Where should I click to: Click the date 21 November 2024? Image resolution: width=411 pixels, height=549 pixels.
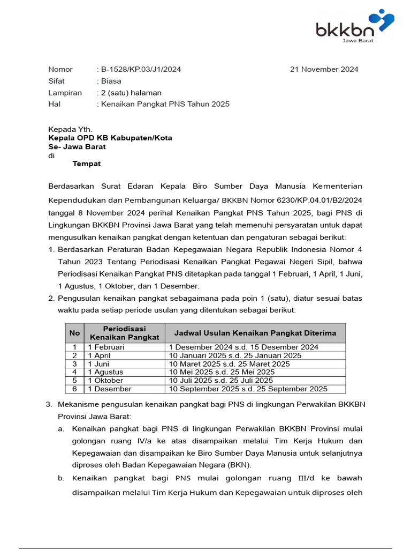[x=324, y=69]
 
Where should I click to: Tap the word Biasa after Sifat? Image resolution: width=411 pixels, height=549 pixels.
[x=111, y=81]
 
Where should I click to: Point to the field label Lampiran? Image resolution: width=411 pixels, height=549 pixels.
[x=65, y=93]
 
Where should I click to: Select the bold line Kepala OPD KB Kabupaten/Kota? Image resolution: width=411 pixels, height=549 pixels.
[x=110, y=138]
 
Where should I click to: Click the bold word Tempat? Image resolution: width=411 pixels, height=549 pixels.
[x=87, y=164]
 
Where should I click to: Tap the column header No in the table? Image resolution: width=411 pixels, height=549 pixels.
[x=74, y=333]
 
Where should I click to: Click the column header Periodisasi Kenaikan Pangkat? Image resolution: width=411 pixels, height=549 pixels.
[x=124, y=333]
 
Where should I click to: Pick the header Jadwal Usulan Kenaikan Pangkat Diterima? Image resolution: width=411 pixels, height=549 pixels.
[x=255, y=333]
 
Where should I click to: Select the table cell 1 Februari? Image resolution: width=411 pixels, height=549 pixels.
[x=106, y=347]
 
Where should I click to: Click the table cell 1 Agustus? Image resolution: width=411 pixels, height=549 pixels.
[x=105, y=372]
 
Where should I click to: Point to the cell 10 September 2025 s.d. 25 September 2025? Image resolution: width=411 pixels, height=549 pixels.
[x=248, y=389]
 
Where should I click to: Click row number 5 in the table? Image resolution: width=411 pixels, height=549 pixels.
[x=74, y=381]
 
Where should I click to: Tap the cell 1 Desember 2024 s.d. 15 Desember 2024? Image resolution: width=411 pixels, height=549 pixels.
[x=244, y=347]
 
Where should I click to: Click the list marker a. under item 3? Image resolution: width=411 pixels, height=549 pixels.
[x=61, y=429]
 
